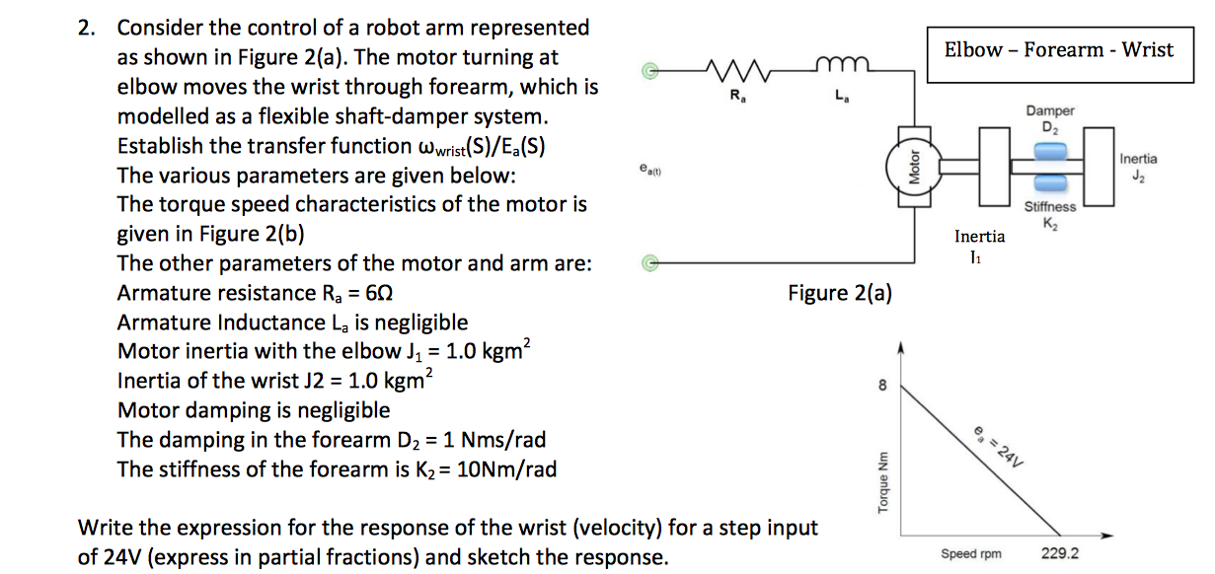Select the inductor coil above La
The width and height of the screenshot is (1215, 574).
coord(838,67)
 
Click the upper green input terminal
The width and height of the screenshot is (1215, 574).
coord(648,71)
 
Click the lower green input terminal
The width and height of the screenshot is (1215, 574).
coord(648,263)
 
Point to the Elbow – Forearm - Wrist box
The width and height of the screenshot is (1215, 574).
coord(1059,49)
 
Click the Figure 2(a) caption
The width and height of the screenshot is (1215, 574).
coord(840,293)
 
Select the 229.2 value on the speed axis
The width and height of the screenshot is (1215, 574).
coord(1060,553)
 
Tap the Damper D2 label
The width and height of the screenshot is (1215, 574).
coord(1050,118)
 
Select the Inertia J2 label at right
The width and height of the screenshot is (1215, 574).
coord(1139,166)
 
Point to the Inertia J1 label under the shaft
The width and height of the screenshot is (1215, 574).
coord(979,245)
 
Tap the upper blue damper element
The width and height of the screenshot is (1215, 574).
coord(1050,149)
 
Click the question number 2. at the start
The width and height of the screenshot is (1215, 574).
coord(89,28)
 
